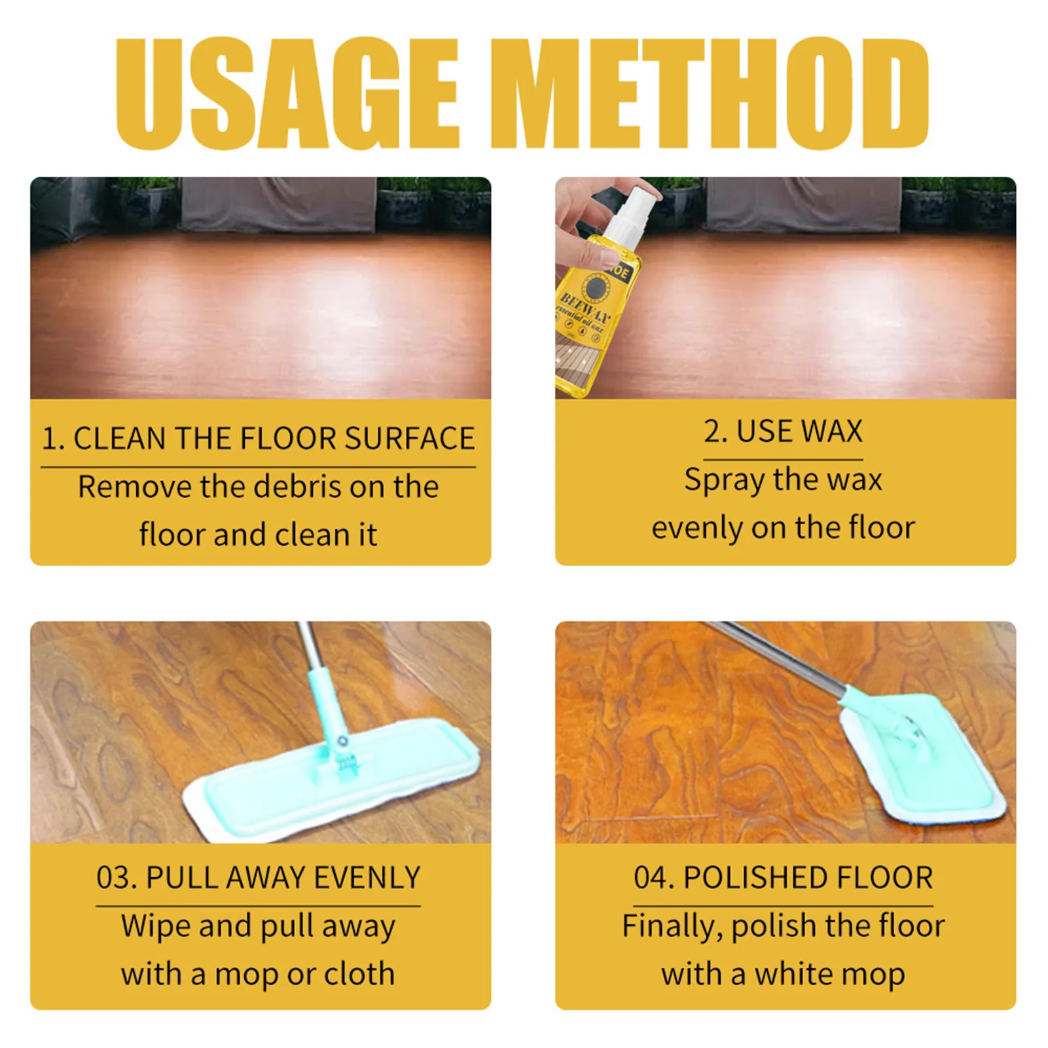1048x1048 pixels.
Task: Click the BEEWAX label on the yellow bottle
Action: (585, 308)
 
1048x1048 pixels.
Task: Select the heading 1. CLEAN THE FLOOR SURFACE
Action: (258, 439)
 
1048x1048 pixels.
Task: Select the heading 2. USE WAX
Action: (783, 431)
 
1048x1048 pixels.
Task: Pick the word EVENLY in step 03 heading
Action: (367, 878)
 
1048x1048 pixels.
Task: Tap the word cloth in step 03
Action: (359, 974)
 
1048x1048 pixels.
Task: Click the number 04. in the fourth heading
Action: (654, 878)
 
